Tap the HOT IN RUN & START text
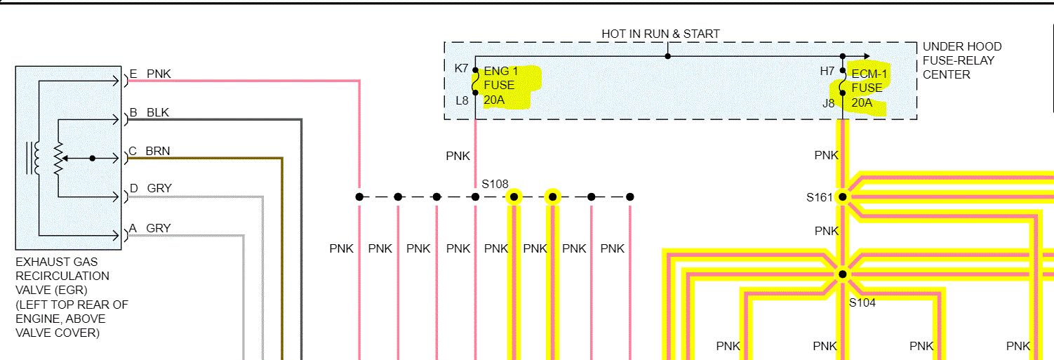[x=660, y=34]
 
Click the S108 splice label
[x=495, y=184]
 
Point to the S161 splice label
[x=818, y=198]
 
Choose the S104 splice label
[x=862, y=303]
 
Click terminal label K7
[x=461, y=68]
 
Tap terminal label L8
[x=461, y=100]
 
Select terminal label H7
[x=827, y=71]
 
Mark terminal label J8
[x=828, y=102]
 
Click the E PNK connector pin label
[x=150, y=74]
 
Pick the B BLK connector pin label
[x=149, y=113]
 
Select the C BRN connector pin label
[x=149, y=151]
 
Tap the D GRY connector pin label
[x=150, y=188]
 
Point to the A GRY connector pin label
[x=150, y=228]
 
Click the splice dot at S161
[x=843, y=197]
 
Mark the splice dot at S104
[x=843, y=274]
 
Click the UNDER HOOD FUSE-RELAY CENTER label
[x=961, y=60]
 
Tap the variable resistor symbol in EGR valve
[x=59, y=159]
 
